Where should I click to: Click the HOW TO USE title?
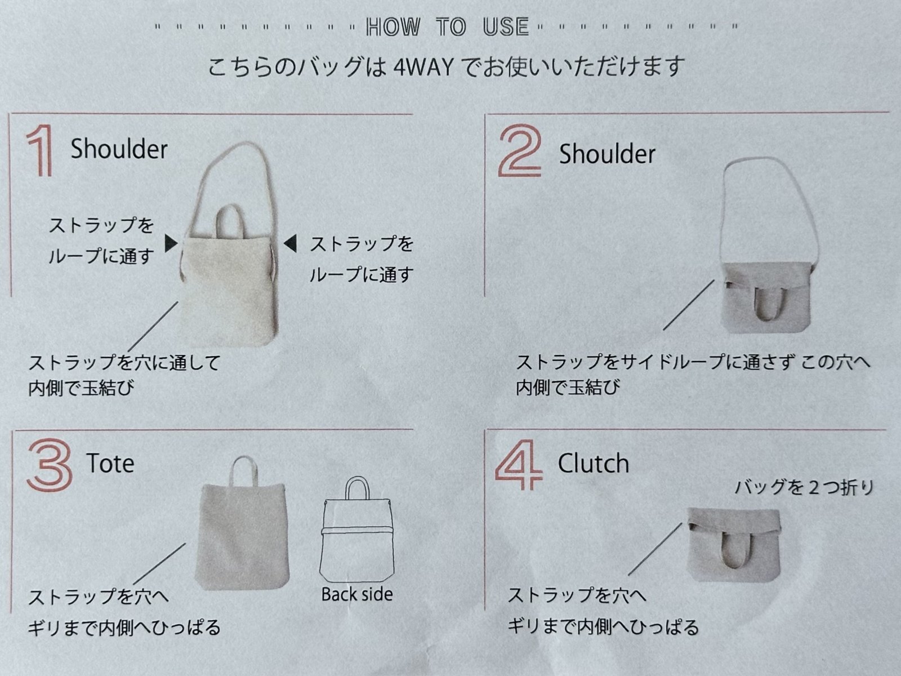pyautogui.click(x=448, y=27)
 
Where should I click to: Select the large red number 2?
pyautogui.click(x=520, y=151)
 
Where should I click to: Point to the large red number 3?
pyautogui.click(x=50, y=465)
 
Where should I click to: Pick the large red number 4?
pyautogui.click(x=519, y=465)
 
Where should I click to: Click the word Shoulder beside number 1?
pyautogui.click(x=119, y=149)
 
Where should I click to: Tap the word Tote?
pyautogui.click(x=110, y=464)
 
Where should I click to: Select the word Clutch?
pyautogui.click(x=593, y=464)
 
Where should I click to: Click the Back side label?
pyautogui.click(x=356, y=594)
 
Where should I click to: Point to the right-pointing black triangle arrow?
pyautogui.click(x=171, y=243)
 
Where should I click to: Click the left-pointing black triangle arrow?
pyautogui.click(x=290, y=243)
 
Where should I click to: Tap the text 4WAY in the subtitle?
pyautogui.click(x=423, y=68)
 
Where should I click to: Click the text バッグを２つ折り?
pyautogui.click(x=804, y=488)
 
